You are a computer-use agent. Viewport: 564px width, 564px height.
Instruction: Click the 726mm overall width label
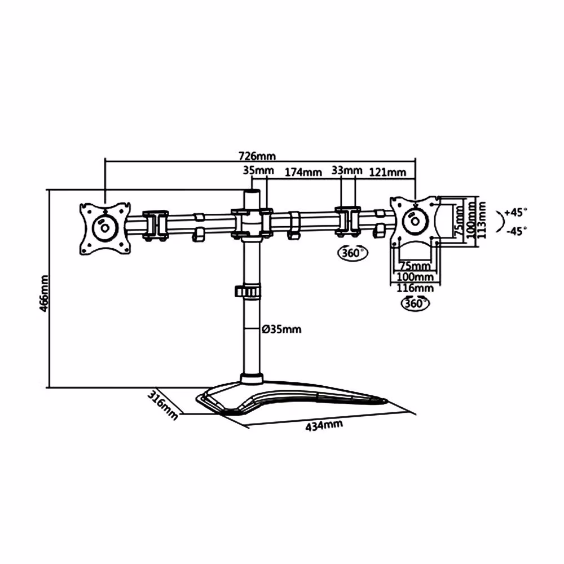tap(257, 156)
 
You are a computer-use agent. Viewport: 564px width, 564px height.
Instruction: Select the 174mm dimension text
tap(303, 172)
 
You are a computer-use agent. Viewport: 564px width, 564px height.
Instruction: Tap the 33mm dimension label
tap(347, 170)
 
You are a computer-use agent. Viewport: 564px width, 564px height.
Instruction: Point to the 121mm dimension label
tap(387, 172)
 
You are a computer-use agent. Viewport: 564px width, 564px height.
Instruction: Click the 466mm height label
tap(44, 293)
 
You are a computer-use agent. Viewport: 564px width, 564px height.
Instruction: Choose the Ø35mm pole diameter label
tap(281, 329)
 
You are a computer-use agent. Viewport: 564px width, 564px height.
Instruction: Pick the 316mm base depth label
tap(162, 404)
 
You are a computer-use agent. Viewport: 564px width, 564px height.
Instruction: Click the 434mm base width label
tap(324, 425)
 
